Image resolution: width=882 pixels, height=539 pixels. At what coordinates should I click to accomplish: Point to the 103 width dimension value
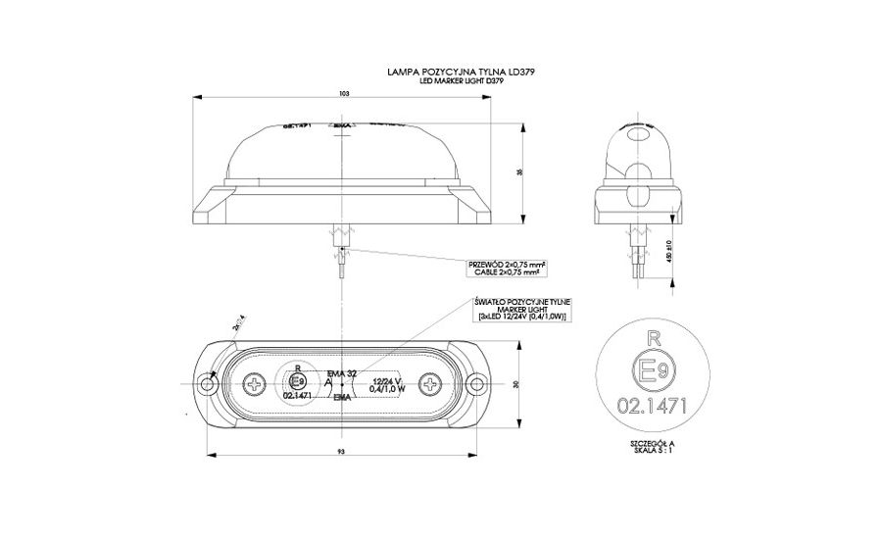click(x=343, y=95)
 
